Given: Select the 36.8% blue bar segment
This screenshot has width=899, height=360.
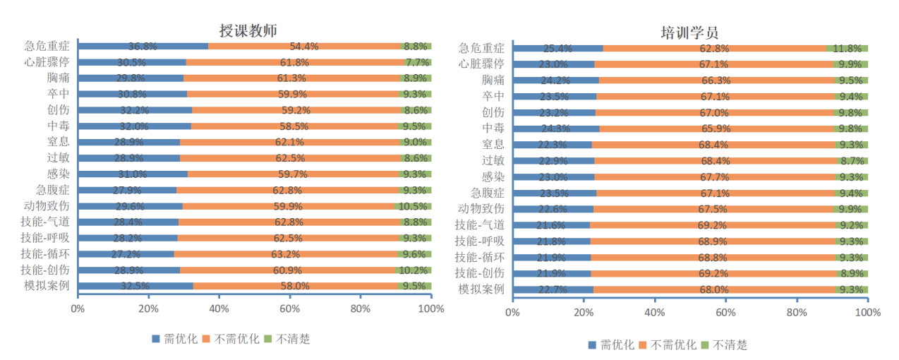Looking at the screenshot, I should click(143, 47).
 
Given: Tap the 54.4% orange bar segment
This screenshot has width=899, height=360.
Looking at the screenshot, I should click(304, 47).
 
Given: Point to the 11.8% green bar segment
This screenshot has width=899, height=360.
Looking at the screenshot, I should click(847, 49).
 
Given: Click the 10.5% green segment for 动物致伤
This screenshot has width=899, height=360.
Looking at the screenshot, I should click(413, 206).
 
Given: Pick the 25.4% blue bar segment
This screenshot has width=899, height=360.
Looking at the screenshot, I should click(557, 49).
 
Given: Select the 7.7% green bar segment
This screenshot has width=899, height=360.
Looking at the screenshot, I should click(417, 62).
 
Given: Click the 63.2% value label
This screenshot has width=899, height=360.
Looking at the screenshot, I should click(304, 254).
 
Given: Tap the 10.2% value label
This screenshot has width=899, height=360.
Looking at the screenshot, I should click(414, 270).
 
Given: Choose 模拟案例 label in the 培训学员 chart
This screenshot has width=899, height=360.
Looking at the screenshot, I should click(481, 289).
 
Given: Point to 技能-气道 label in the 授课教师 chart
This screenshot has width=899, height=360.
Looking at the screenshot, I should click(47, 222).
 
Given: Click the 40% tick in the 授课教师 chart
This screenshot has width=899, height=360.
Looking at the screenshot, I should click(219, 308).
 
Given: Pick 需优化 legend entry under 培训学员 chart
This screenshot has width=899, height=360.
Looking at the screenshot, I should click(611, 344).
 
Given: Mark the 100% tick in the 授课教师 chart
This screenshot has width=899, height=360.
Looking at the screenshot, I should click(430, 308).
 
